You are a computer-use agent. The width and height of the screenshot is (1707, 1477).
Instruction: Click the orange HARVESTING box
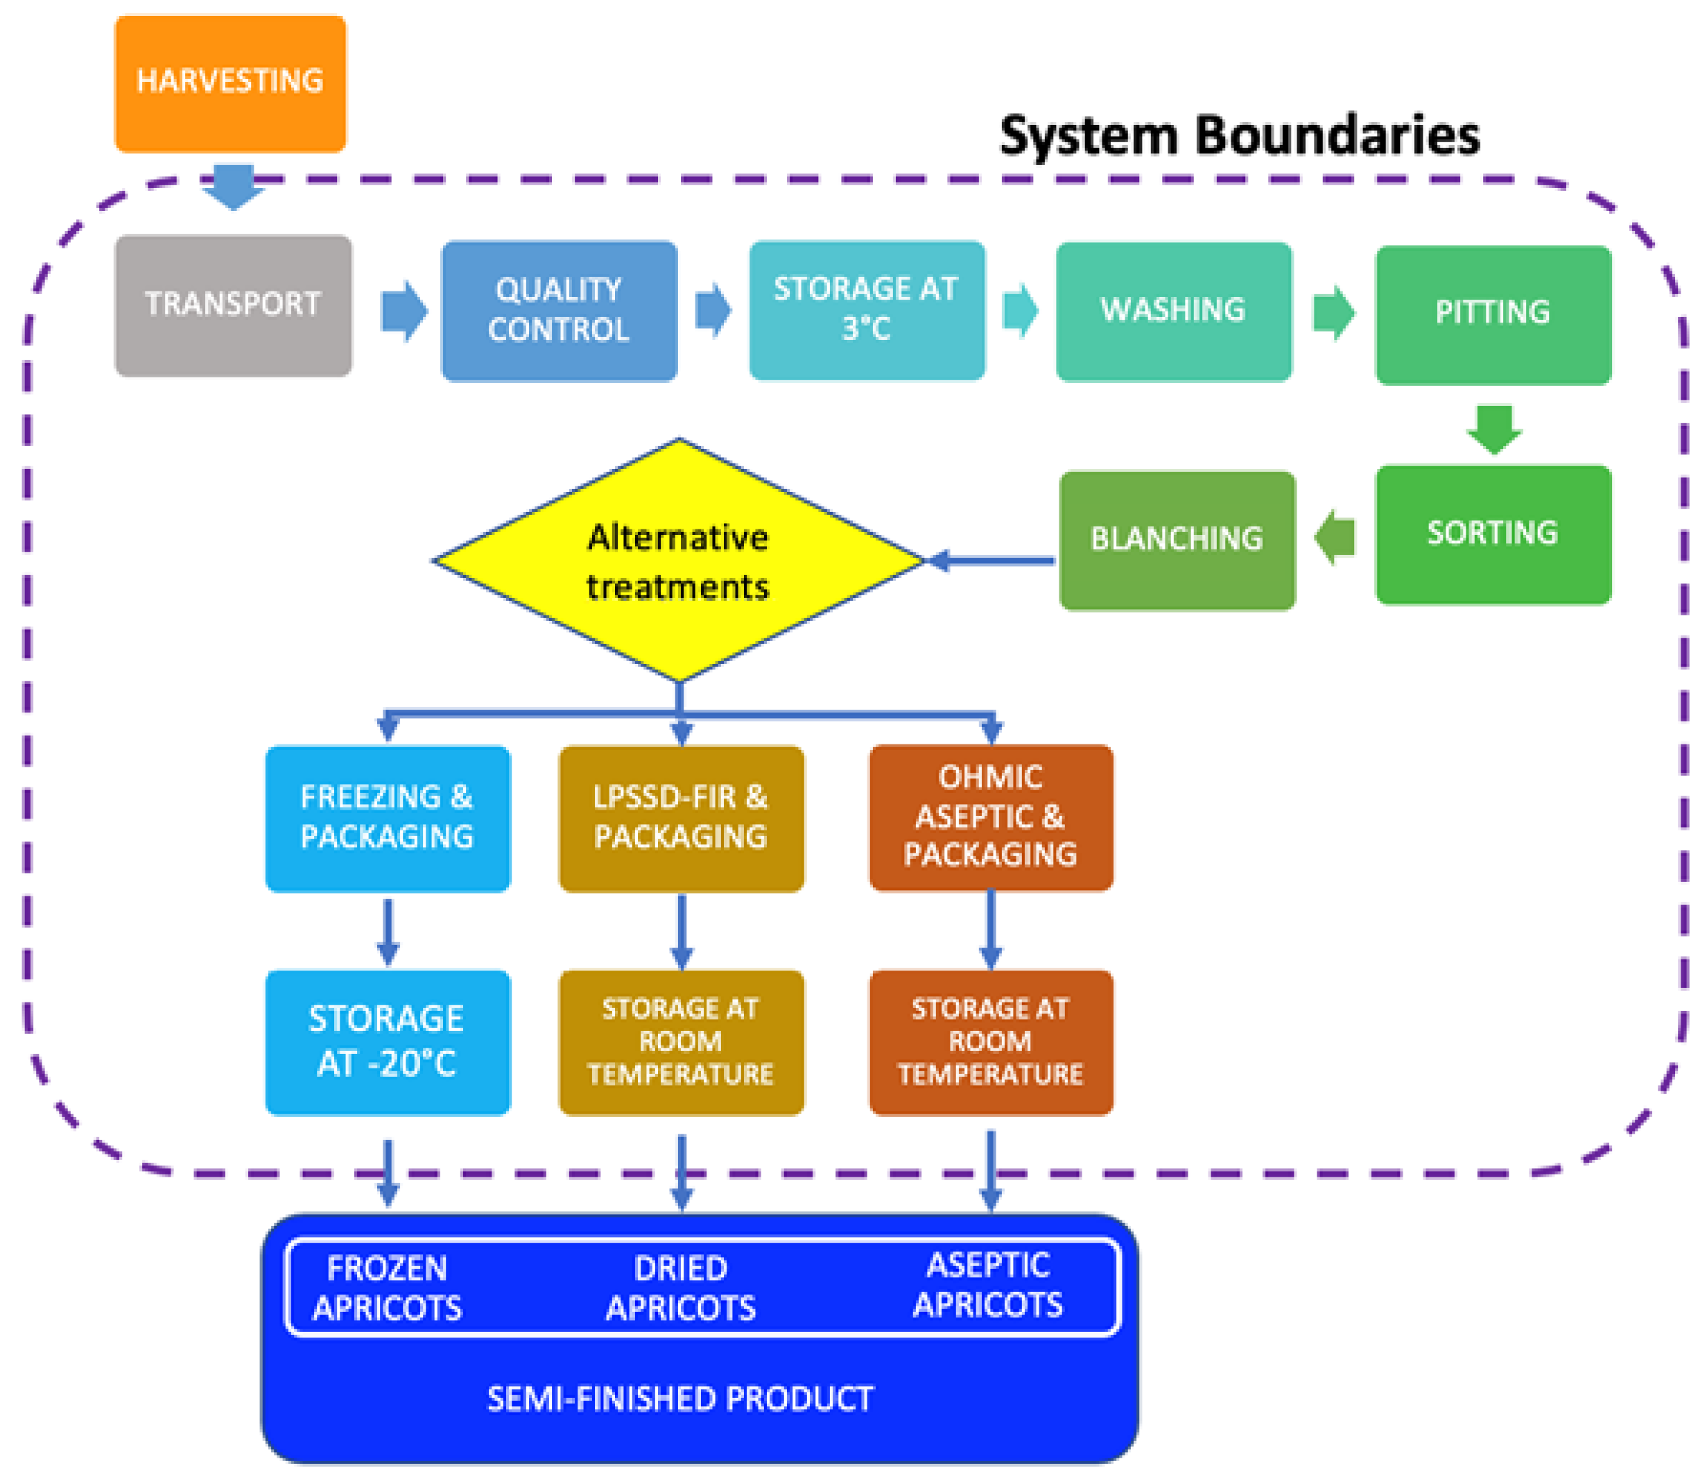click(230, 83)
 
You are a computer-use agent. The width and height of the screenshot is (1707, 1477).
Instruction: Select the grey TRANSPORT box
click(233, 306)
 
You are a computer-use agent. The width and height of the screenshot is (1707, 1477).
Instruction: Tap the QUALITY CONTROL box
click(560, 311)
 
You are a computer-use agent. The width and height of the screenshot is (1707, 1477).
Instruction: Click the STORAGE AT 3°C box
click(867, 310)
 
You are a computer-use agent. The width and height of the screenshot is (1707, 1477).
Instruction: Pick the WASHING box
click(1173, 311)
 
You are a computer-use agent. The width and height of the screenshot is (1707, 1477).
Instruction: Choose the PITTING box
click(1493, 314)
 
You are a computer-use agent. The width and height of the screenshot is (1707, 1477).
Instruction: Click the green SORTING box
click(1493, 534)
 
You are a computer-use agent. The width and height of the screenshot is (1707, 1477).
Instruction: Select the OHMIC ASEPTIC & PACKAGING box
click(990, 817)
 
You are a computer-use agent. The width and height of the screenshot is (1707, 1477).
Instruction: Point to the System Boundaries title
click(1239, 136)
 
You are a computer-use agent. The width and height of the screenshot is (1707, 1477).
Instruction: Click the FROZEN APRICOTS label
click(387, 1288)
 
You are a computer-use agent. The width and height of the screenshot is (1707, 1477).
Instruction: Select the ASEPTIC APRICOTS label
click(988, 1286)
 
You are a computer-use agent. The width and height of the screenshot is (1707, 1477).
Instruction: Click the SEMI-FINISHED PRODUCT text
click(680, 1399)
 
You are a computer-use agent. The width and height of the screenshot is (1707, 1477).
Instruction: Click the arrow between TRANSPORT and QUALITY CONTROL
click(404, 311)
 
